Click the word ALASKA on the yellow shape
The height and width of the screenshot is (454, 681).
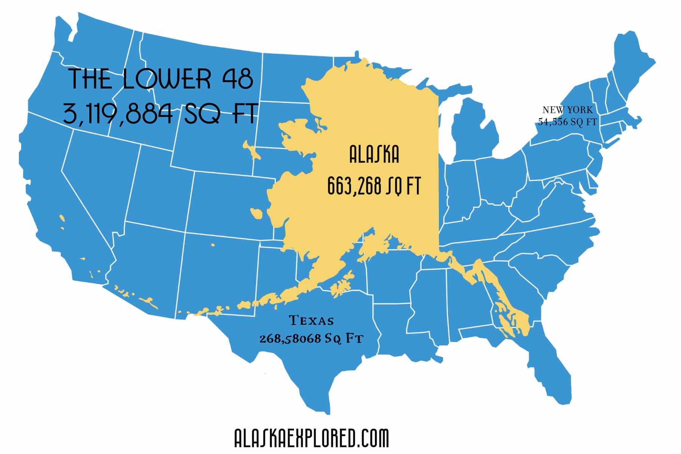374,155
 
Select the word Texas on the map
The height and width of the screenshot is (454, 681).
311,321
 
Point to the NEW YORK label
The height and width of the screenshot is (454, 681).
567,110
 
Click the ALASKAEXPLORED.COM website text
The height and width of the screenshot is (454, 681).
311,438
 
